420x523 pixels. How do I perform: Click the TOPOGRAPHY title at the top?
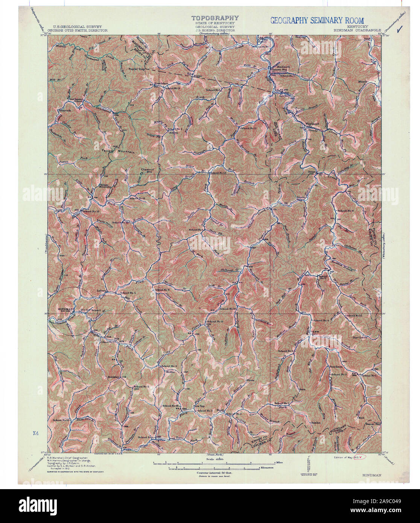pos(215,18)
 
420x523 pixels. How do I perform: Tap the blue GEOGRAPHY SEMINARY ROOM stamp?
pos(317,20)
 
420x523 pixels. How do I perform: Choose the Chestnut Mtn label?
pos(146,170)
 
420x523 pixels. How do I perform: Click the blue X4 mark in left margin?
pos(36,433)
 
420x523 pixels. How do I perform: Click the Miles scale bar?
pos(215,463)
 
